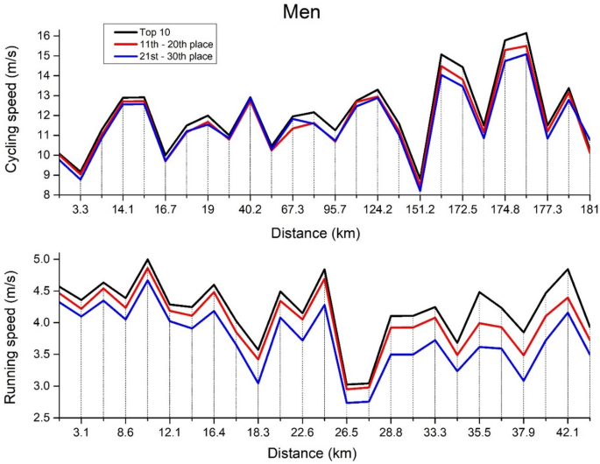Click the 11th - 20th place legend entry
tap(176, 43)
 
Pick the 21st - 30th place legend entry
tap(175, 56)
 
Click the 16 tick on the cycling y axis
tap(42, 36)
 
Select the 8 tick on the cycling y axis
tap(46, 195)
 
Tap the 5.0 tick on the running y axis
tap(39, 259)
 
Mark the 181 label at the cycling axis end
tap(582, 211)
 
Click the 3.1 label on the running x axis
tap(81, 432)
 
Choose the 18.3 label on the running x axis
tap(258, 432)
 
